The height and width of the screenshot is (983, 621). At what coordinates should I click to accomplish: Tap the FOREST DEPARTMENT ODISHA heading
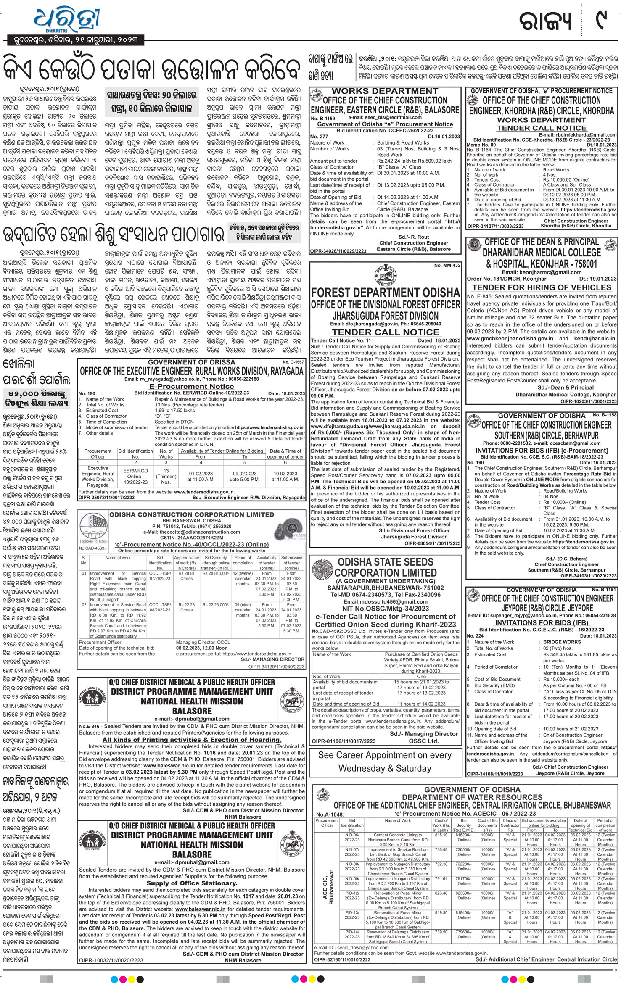[385, 293]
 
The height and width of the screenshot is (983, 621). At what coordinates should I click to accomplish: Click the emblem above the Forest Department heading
[385, 274]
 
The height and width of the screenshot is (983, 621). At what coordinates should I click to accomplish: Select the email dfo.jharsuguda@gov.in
[362, 324]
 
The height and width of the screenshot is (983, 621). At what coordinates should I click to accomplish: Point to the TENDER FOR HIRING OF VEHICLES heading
[542, 287]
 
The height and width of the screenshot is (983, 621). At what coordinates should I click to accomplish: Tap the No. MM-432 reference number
[447, 266]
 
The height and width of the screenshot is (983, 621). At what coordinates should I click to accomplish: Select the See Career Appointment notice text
[385, 762]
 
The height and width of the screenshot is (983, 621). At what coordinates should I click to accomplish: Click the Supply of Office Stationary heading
[192, 883]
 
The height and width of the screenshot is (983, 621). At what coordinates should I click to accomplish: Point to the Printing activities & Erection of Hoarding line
[192, 740]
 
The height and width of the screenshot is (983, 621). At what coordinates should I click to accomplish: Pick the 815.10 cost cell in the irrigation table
[441, 835]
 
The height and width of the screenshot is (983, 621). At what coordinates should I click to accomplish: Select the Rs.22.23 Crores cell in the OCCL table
[186, 607]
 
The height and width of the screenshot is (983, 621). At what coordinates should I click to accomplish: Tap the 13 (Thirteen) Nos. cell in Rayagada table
[166, 477]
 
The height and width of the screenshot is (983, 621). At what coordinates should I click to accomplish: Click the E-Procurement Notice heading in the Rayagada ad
[192, 386]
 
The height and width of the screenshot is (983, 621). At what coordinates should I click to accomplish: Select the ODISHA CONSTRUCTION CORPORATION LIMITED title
[192, 514]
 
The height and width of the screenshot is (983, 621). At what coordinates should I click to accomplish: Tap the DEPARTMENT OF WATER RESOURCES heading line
[472, 797]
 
